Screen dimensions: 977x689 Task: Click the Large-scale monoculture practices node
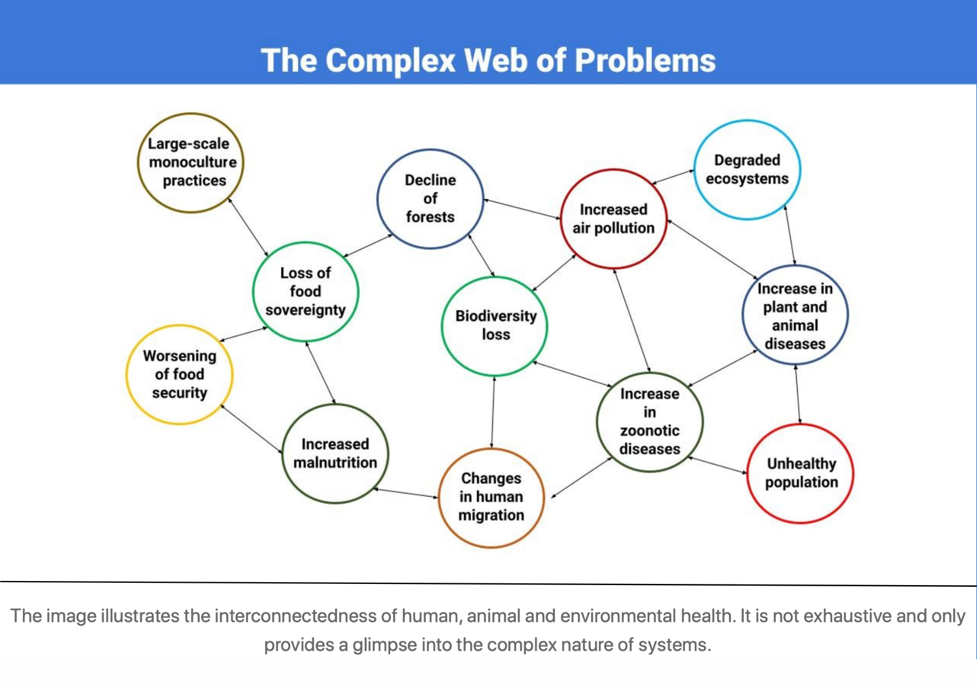point(191,162)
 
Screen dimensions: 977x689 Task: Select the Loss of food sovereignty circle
point(306,292)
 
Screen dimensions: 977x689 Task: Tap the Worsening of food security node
point(179,374)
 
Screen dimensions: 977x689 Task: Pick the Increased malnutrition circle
point(335,454)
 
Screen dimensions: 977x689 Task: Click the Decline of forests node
point(430,199)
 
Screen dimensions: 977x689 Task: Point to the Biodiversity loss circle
point(495,326)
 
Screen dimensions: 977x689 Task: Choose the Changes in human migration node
point(491,497)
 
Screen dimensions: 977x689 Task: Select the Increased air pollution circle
point(613,219)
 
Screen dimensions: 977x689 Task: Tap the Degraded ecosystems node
point(747,169)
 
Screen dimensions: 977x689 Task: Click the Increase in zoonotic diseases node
point(649,421)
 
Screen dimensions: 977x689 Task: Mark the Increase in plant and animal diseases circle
point(795,315)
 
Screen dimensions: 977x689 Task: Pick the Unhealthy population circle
point(801,473)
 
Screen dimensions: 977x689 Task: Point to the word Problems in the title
point(645,60)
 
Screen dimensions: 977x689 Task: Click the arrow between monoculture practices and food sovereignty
point(248,227)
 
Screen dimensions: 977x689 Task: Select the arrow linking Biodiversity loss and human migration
point(493,412)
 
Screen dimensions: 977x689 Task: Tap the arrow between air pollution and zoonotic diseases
point(632,320)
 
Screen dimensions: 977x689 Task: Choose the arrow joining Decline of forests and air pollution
point(522,209)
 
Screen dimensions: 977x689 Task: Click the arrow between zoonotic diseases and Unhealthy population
point(717,465)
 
